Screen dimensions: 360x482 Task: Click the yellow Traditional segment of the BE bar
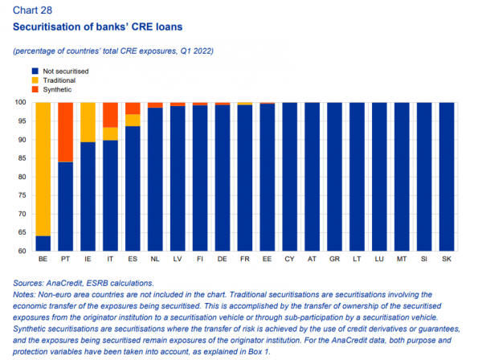tap(43, 169)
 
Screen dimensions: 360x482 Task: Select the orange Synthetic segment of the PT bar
tap(65, 132)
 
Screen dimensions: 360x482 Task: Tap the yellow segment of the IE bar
tap(88, 122)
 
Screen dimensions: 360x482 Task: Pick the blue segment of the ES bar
tap(133, 189)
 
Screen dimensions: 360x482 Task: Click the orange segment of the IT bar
tap(110, 114)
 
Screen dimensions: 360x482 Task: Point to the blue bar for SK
tap(446, 177)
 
